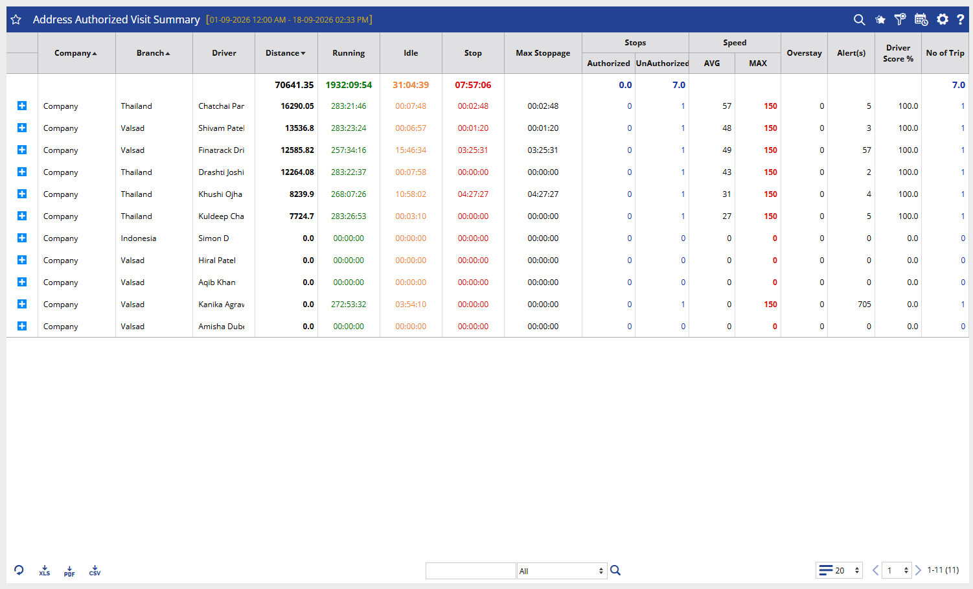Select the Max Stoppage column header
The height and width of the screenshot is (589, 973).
(x=543, y=53)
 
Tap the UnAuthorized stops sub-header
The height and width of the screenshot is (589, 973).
(x=662, y=64)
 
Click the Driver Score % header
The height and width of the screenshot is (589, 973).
(x=898, y=53)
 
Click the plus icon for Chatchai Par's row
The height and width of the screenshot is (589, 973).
(x=22, y=106)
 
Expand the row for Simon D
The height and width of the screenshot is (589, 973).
(x=22, y=238)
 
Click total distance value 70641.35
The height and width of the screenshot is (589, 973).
(x=294, y=85)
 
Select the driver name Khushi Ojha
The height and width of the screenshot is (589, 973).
(x=220, y=194)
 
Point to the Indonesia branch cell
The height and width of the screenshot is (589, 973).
(x=139, y=238)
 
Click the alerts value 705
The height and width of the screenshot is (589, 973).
(x=864, y=304)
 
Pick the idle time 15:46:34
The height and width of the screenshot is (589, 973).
(x=411, y=150)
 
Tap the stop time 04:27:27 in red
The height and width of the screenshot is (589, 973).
(x=473, y=194)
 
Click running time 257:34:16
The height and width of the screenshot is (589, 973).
(x=349, y=150)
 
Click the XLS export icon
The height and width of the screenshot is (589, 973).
(x=44, y=571)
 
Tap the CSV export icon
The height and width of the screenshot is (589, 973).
(x=95, y=571)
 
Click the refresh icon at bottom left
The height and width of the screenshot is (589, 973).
(x=19, y=570)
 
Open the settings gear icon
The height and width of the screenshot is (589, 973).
(x=942, y=19)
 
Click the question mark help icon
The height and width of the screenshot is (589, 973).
(x=961, y=19)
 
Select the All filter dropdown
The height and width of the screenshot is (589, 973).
(x=562, y=571)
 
